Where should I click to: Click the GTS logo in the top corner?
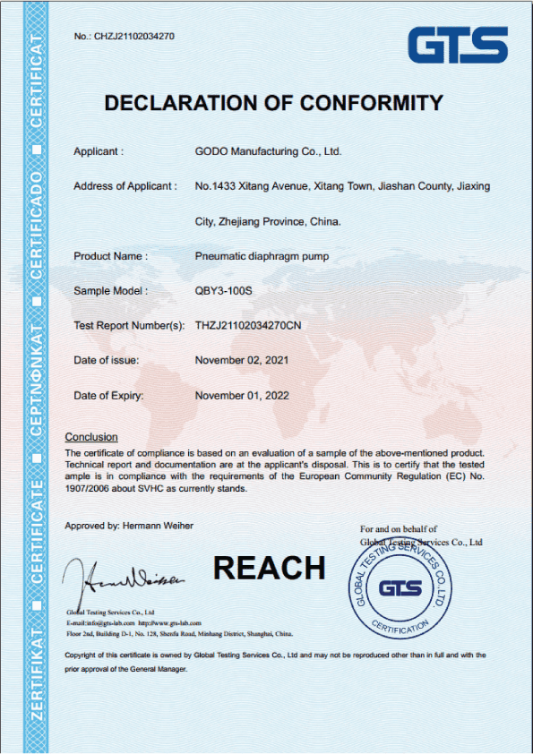pos(458,44)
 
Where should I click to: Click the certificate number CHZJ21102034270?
pos(134,37)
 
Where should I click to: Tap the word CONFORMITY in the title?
pos(371,103)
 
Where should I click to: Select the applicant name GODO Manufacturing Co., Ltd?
pos(268,151)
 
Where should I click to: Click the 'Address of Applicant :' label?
pos(125,186)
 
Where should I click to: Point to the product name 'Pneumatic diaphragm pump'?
pos(262,256)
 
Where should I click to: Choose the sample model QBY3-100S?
pos(224,291)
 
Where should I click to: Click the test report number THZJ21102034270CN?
pos(247,325)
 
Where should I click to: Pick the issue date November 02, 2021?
pos(242,360)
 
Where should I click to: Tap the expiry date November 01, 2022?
pos(242,395)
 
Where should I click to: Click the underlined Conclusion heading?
pos(91,437)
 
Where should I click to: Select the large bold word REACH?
pos(269,568)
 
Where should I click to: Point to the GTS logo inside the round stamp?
pos(400,588)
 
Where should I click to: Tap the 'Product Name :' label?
pos(110,256)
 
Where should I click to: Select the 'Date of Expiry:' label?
pos(108,395)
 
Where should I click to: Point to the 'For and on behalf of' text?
pos(398,530)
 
